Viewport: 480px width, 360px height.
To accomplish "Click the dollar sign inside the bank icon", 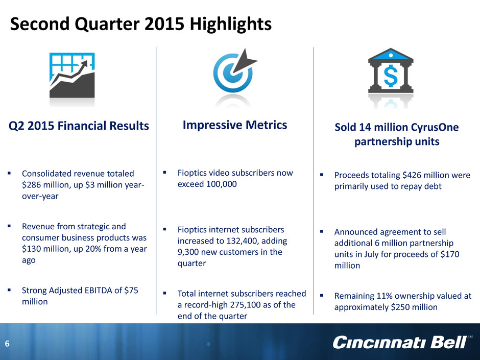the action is pyautogui.click(x=391, y=76).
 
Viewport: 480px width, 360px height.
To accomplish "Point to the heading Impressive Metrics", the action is pyautogui.click(x=235, y=125).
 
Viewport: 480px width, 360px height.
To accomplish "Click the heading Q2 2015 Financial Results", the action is pyautogui.click(x=79, y=126).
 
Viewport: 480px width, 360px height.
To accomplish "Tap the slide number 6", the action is pyautogui.click(x=7, y=344).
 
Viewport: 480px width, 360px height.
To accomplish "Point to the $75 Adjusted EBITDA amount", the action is pyautogui.click(x=131, y=290).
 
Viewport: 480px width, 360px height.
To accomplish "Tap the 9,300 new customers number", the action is pyautogui.click(x=187, y=252).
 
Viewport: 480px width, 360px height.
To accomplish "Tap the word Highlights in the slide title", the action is pyautogui.click(x=230, y=24).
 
